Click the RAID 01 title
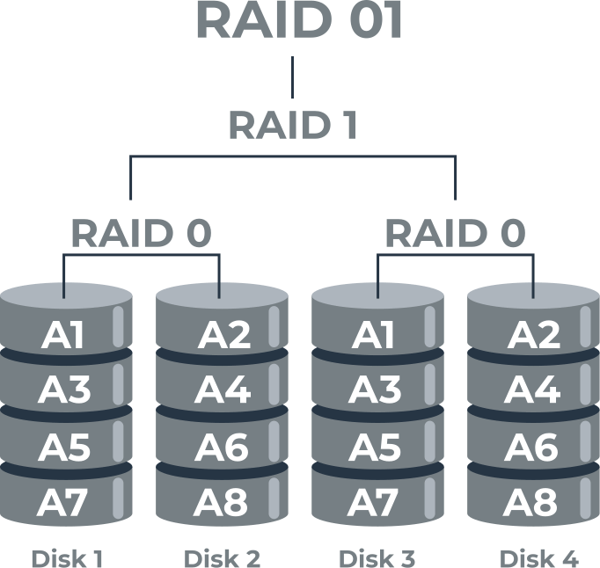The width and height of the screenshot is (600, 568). click(299, 20)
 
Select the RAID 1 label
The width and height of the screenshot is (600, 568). click(293, 125)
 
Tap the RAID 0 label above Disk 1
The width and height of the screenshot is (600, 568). click(142, 233)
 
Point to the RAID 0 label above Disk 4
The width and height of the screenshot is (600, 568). click(456, 233)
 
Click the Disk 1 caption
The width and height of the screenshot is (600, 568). click(67, 559)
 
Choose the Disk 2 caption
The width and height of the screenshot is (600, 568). click(222, 559)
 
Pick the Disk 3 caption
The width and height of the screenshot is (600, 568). click(377, 559)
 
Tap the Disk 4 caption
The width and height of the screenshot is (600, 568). click(539, 559)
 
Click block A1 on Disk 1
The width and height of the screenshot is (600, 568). click(62, 335)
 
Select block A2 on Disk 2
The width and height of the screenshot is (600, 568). click(223, 335)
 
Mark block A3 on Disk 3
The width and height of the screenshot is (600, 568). click(375, 390)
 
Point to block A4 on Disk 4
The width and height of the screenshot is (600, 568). click(532, 390)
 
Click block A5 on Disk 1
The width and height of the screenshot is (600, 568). click(64, 447)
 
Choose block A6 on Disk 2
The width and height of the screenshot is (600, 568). click(222, 447)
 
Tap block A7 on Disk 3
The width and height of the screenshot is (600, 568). click(372, 502)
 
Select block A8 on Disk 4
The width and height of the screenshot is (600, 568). click(530, 502)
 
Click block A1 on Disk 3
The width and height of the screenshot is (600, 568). click(373, 335)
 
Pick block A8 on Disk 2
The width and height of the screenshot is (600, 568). click(221, 502)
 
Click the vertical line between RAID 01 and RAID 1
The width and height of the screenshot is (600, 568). click(293, 77)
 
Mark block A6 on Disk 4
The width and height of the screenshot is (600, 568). click(531, 447)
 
